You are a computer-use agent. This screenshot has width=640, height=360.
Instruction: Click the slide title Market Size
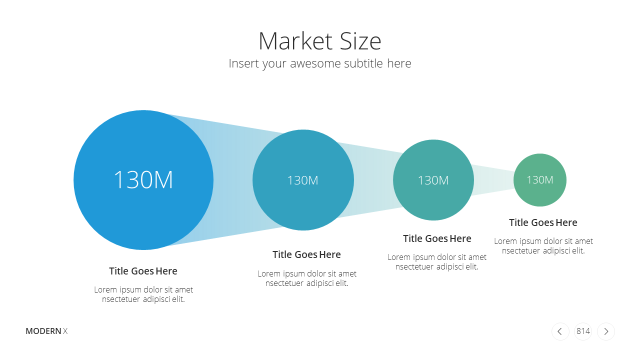click(319, 41)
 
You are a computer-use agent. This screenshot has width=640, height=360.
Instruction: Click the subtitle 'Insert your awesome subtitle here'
click(319, 63)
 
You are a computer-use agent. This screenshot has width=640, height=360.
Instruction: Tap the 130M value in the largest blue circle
click(143, 179)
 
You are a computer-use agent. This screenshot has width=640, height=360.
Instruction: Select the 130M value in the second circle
click(303, 180)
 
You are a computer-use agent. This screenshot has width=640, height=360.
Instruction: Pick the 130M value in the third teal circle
click(433, 180)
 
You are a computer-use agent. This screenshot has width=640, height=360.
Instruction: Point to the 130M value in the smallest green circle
click(539, 179)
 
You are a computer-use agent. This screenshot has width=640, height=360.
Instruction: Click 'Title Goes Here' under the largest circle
click(143, 271)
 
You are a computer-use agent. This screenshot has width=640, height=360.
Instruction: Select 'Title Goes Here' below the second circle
click(306, 254)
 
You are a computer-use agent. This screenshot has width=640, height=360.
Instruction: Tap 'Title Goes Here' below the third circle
click(437, 238)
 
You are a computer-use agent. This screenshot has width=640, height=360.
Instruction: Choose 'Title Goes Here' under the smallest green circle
click(543, 222)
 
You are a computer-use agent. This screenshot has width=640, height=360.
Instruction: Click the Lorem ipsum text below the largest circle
click(143, 294)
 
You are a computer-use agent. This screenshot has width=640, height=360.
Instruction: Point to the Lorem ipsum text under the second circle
click(307, 278)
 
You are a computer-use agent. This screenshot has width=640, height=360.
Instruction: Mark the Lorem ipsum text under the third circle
click(437, 261)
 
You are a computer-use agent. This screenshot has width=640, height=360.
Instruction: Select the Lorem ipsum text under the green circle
click(543, 245)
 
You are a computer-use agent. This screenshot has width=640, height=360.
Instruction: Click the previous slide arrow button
click(560, 331)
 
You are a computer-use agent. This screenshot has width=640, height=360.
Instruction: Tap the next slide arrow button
click(606, 331)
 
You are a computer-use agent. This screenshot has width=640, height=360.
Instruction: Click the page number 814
click(583, 331)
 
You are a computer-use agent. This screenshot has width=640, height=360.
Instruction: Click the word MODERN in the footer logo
click(43, 331)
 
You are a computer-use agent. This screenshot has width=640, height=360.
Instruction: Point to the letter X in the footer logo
click(65, 331)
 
